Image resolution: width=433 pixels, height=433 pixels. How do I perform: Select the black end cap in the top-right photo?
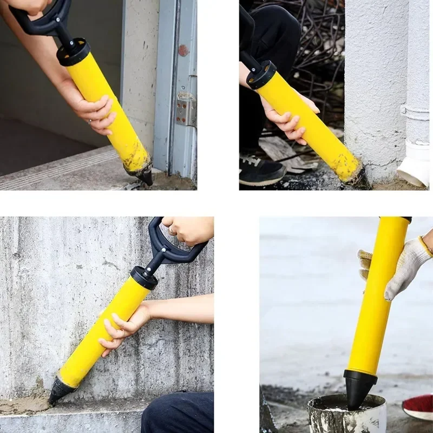261,75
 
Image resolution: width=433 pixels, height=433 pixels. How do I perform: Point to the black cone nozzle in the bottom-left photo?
59,391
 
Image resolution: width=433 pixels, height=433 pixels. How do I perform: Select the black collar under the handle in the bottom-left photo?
144,278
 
